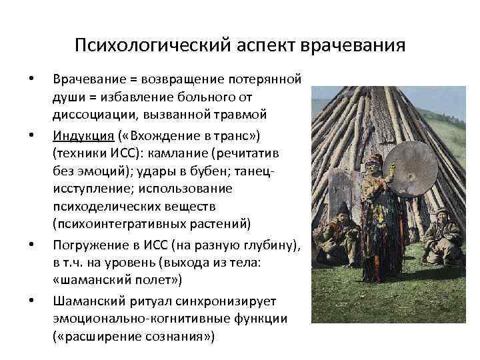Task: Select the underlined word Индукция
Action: click(81, 137)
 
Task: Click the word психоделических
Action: click(100, 206)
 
